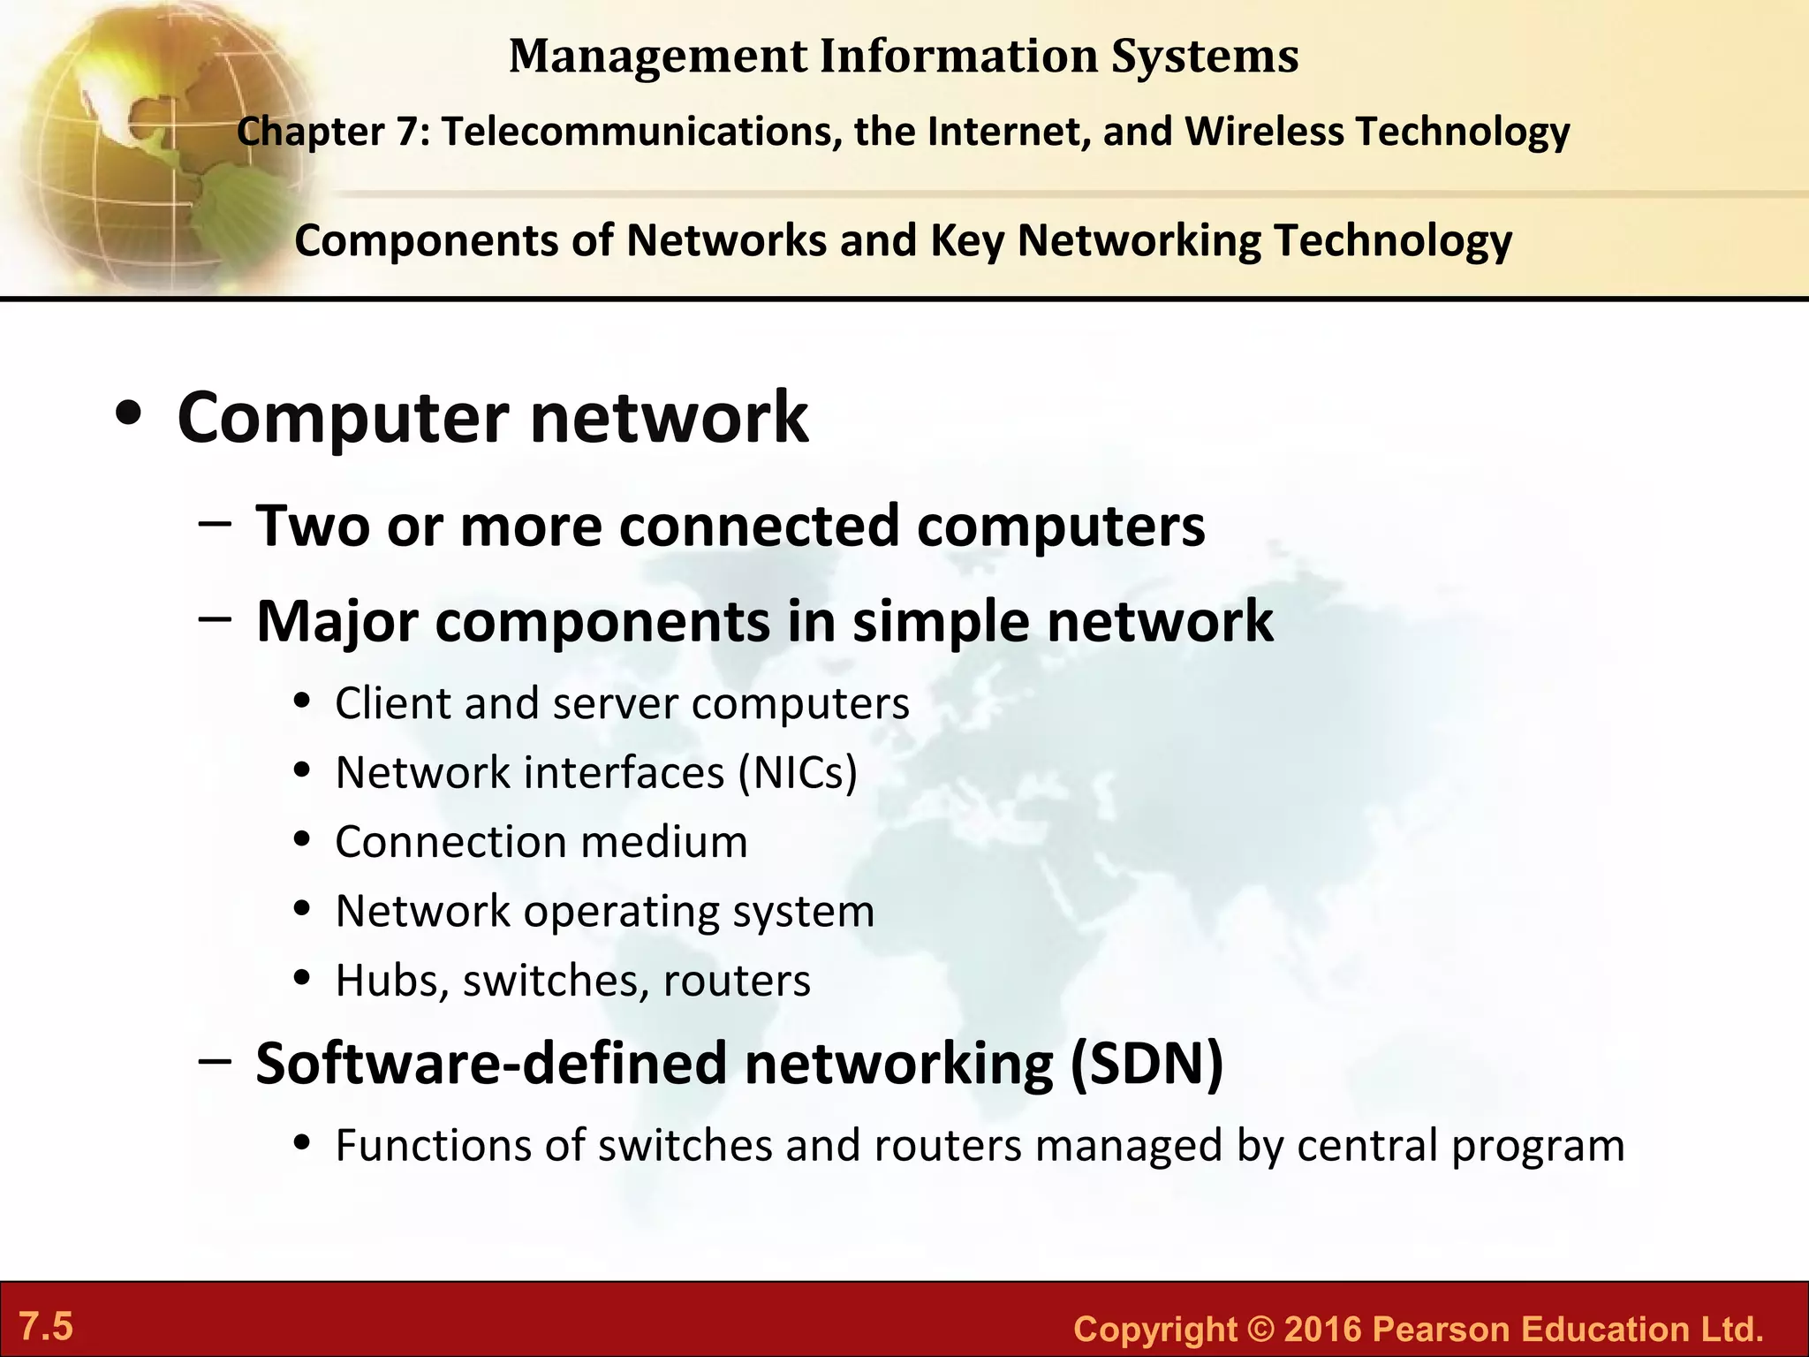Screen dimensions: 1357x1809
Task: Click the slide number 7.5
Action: pos(46,1327)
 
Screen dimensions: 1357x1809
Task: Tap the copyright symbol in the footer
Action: pos(1261,1330)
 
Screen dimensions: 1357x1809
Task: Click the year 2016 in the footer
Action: pos(1323,1330)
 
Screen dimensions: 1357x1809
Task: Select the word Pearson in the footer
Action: pos(1442,1330)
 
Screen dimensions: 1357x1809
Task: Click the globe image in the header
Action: pos(150,141)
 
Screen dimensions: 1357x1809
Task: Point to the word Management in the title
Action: pos(658,57)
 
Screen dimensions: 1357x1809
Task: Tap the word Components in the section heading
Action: pos(426,240)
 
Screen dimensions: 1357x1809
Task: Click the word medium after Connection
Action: pos(664,842)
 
